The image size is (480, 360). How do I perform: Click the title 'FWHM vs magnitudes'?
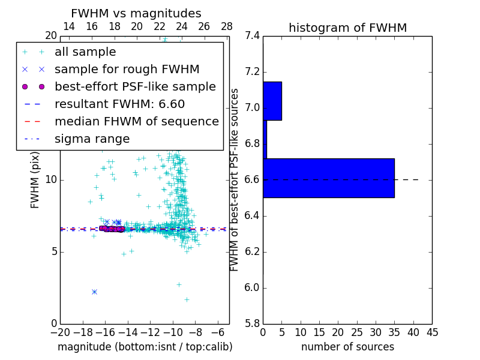click(136, 13)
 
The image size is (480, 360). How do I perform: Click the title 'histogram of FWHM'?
click(347, 28)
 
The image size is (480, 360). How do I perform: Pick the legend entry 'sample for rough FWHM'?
click(127, 69)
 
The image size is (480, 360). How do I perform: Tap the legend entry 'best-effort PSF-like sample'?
click(135, 86)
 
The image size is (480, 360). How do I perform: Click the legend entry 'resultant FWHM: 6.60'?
click(119, 104)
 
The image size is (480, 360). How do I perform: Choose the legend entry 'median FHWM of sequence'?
click(136, 121)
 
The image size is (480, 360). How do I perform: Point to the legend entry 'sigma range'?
click(92, 139)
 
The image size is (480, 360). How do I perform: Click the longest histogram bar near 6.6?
click(328, 178)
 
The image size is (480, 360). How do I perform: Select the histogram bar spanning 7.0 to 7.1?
click(272, 101)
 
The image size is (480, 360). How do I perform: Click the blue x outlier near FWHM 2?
click(94, 292)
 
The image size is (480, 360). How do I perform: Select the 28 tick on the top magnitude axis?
click(227, 26)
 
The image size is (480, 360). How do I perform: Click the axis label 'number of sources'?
click(347, 347)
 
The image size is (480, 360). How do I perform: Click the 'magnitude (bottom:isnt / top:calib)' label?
click(145, 347)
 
